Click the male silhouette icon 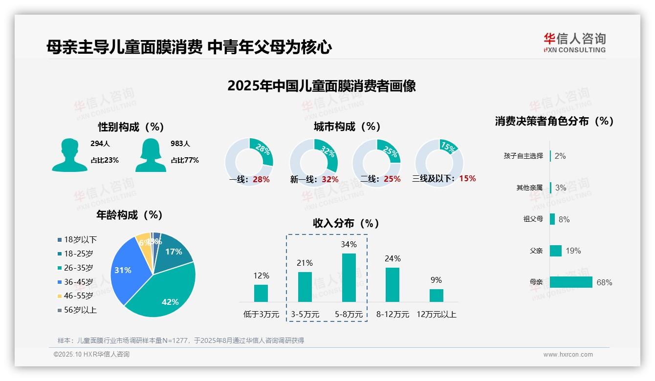(x=69, y=155)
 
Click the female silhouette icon (x=151, y=155)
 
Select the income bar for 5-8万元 (x=349, y=277)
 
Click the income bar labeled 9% (x=437, y=295)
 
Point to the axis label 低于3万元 (x=261, y=315)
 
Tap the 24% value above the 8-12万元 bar (x=393, y=259)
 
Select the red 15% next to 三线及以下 (x=467, y=179)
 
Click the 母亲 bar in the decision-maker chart (x=571, y=282)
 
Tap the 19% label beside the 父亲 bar (x=573, y=251)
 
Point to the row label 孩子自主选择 (x=523, y=156)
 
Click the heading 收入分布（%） (x=346, y=224)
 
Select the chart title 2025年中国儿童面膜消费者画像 (x=321, y=86)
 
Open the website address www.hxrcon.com (x=568, y=355)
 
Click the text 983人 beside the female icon (x=180, y=144)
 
